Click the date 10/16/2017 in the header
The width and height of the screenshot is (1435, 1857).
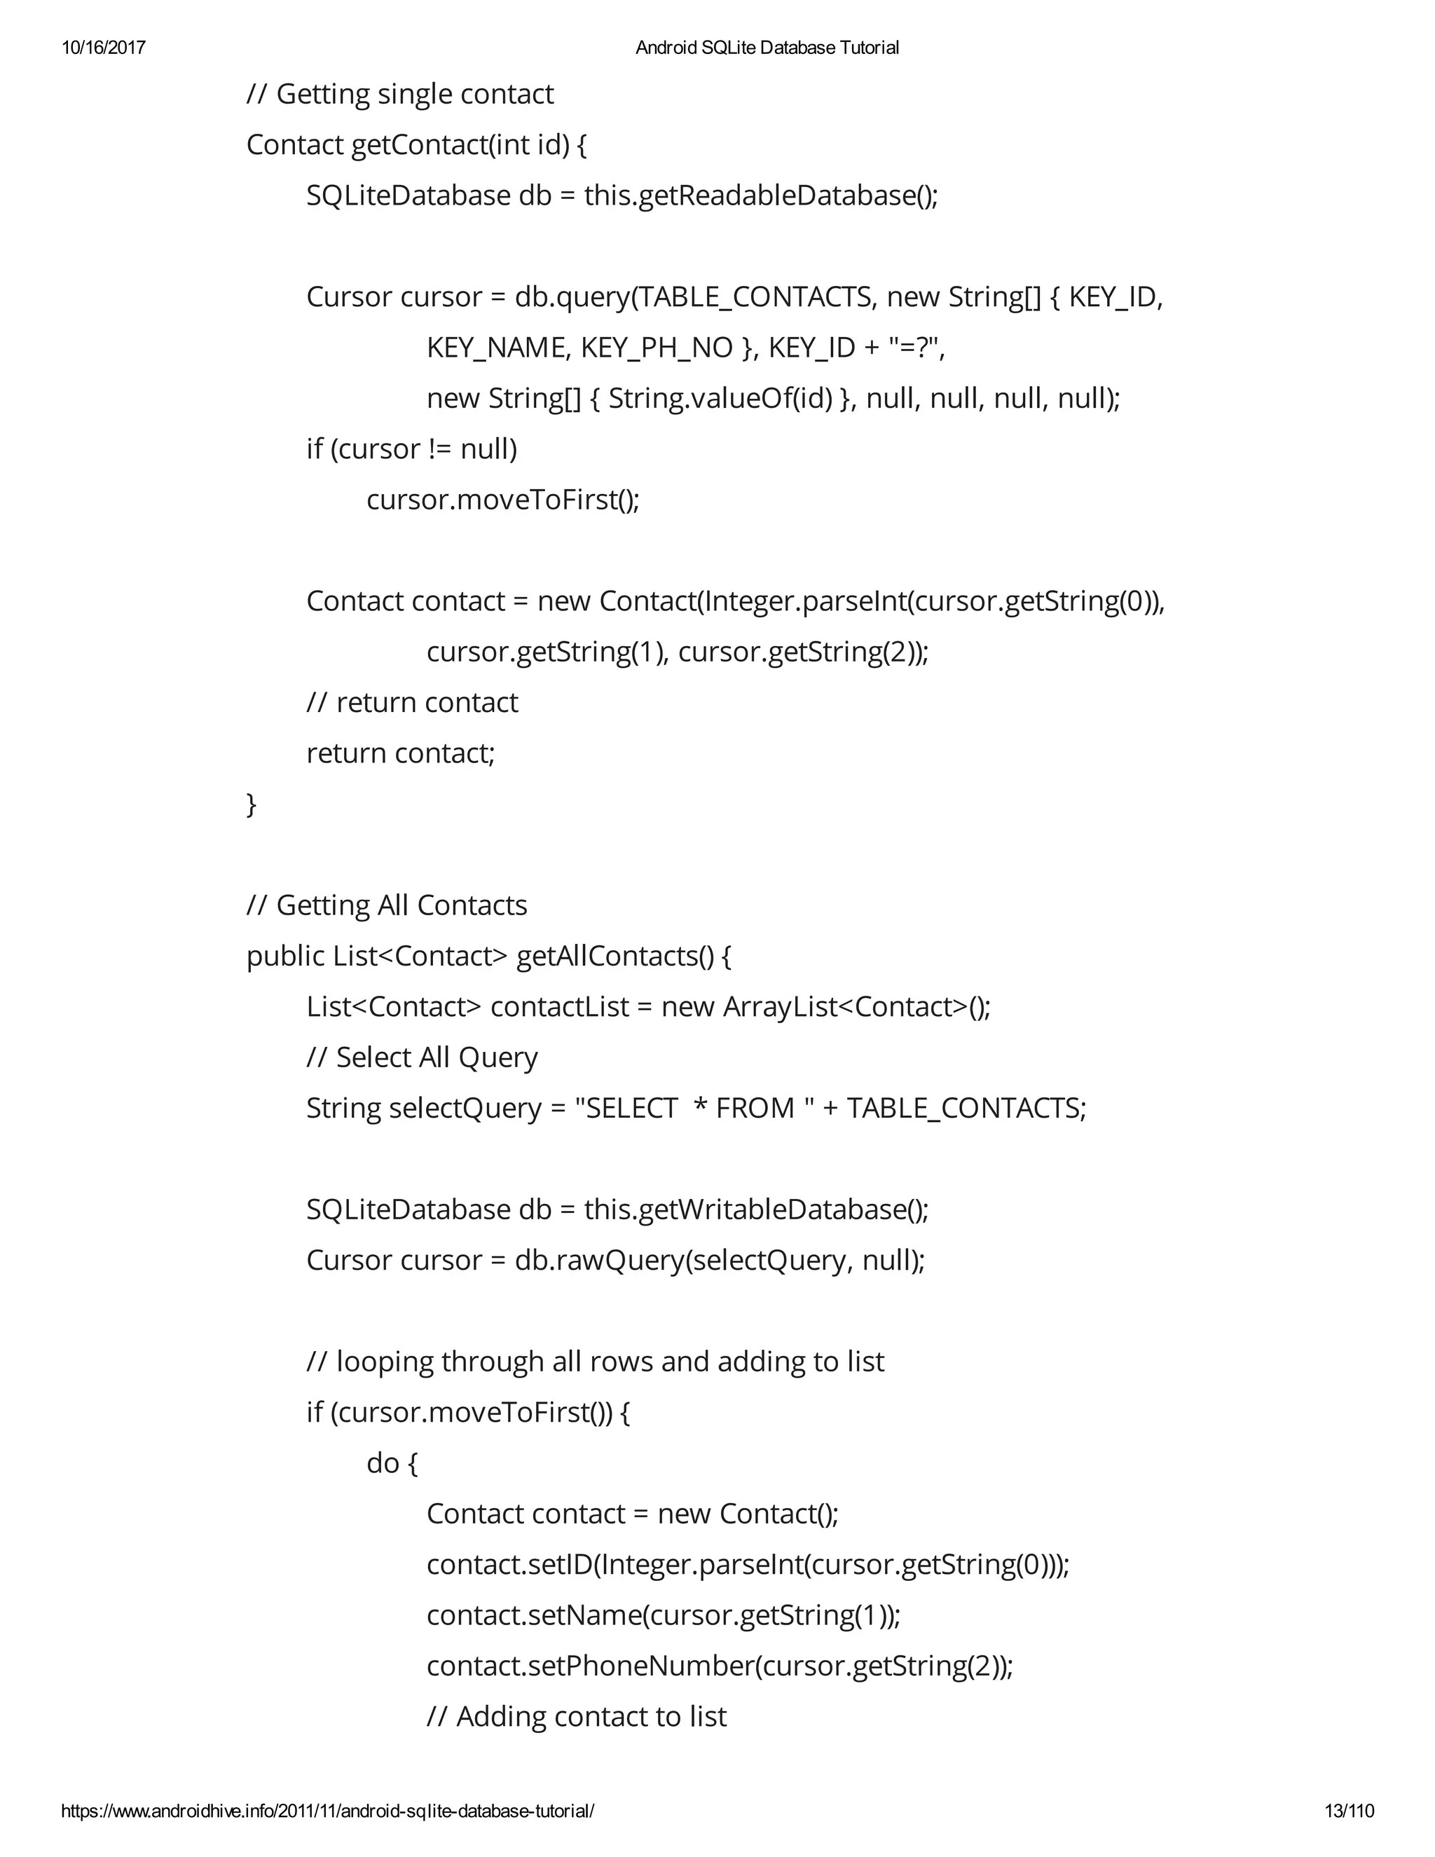click(103, 48)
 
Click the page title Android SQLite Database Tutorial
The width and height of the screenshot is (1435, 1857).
click(767, 48)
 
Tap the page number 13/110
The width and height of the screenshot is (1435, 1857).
click(1349, 1810)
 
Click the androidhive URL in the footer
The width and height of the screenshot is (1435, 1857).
click(327, 1810)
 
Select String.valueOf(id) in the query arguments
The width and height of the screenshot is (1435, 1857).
click(721, 398)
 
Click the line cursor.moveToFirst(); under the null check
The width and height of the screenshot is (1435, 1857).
click(502, 500)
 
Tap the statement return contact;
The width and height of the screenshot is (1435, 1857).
click(400, 753)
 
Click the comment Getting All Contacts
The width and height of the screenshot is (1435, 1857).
click(387, 905)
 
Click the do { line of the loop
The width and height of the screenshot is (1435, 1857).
click(392, 1463)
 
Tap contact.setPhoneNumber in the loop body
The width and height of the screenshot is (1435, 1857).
click(590, 1666)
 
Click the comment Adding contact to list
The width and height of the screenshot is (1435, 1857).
click(577, 1717)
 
